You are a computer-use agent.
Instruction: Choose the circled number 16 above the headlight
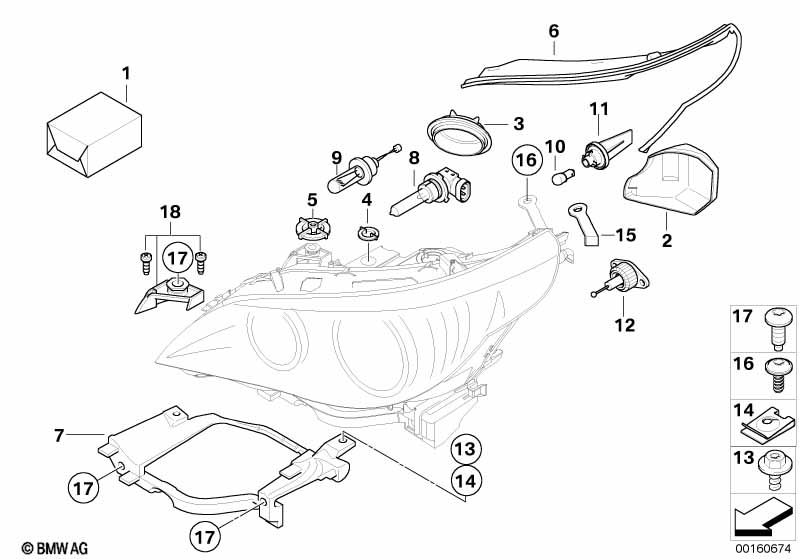click(x=527, y=159)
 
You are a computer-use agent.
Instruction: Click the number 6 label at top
click(x=554, y=31)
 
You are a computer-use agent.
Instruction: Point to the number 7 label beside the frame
click(x=60, y=436)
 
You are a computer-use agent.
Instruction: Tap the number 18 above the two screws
click(x=171, y=211)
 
